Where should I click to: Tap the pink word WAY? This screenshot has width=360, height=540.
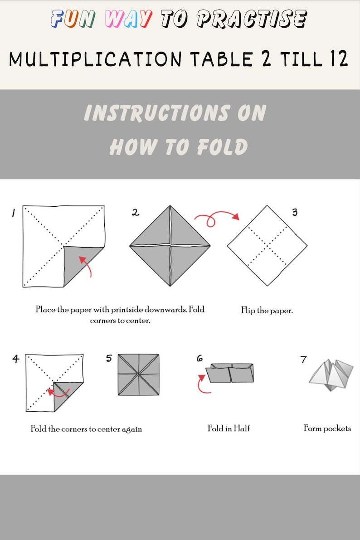click(128, 19)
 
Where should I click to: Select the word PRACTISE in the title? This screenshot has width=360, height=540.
click(251, 19)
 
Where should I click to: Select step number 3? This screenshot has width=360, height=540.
click(295, 212)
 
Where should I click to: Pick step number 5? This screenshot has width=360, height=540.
click(109, 358)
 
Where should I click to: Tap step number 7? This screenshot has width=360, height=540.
click(303, 360)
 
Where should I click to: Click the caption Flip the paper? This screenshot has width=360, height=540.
click(267, 311)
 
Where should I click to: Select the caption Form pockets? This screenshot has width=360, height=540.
click(327, 428)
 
